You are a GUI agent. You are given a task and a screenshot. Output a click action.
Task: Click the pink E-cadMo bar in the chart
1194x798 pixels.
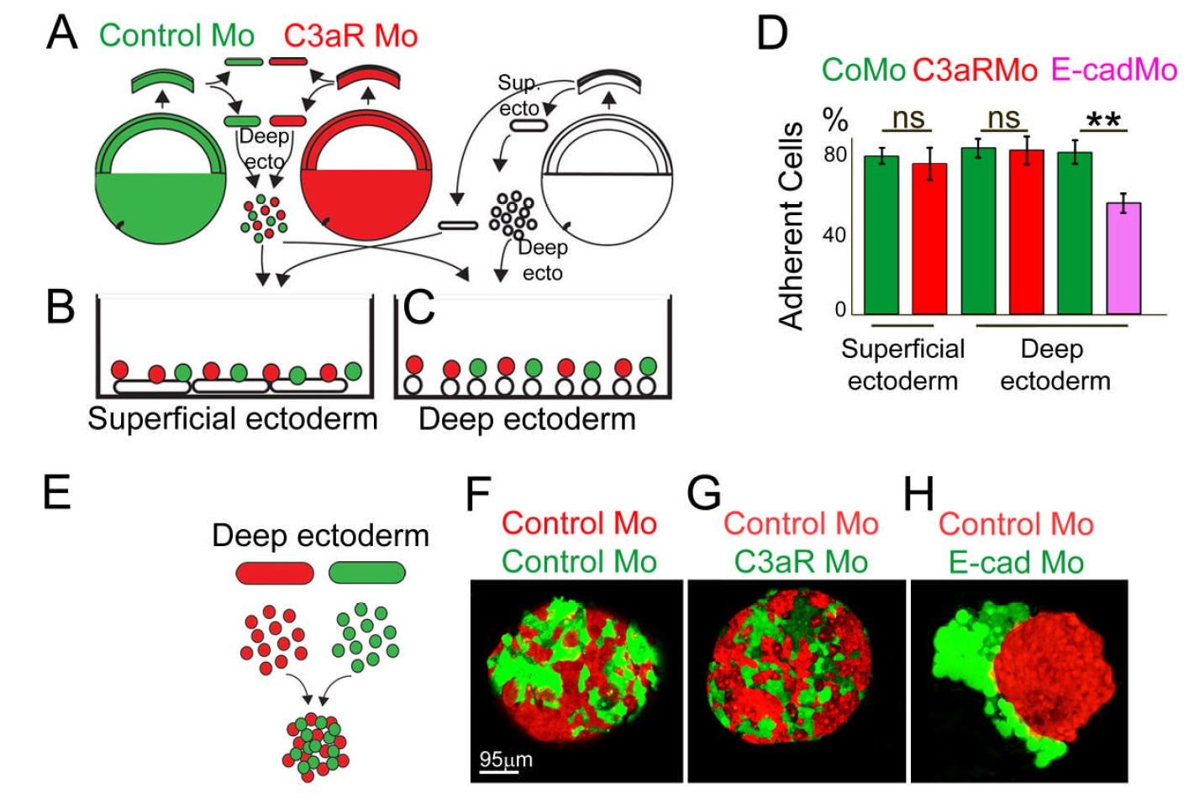point(1123,258)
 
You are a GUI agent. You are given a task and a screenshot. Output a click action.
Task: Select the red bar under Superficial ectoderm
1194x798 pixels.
point(929,239)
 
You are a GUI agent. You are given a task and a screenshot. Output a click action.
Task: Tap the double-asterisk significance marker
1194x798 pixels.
point(1102,120)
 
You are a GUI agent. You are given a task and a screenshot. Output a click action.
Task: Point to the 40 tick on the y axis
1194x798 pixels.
point(834,234)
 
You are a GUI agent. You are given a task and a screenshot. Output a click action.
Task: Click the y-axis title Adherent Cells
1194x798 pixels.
point(792,225)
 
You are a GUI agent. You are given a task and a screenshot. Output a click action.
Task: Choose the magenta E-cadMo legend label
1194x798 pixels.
point(1113,70)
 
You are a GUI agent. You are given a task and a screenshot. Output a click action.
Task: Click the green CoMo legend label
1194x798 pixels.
point(863,70)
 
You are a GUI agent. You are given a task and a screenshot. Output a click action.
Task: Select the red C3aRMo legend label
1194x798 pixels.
point(975,70)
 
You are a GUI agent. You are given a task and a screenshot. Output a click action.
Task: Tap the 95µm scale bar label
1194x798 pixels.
point(505,759)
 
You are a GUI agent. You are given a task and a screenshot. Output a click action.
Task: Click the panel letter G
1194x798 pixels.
point(703,494)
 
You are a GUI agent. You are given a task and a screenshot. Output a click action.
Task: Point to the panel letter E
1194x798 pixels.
point(56,492)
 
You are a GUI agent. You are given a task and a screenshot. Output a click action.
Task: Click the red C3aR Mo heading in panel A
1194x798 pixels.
point(350,36)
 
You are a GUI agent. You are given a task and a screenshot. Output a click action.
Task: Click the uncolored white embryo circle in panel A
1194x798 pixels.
point(608,181)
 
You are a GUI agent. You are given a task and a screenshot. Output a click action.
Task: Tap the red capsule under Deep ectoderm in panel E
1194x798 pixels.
point(275,574)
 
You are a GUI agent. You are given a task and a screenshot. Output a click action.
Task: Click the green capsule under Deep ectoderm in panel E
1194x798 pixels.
point(367,574)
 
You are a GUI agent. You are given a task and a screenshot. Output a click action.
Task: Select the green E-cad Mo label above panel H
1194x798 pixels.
point(1016,562)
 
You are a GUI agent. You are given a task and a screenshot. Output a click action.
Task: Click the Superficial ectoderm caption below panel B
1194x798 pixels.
point(233,418)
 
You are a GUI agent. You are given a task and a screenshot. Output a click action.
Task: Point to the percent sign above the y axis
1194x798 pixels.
point(834,120)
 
